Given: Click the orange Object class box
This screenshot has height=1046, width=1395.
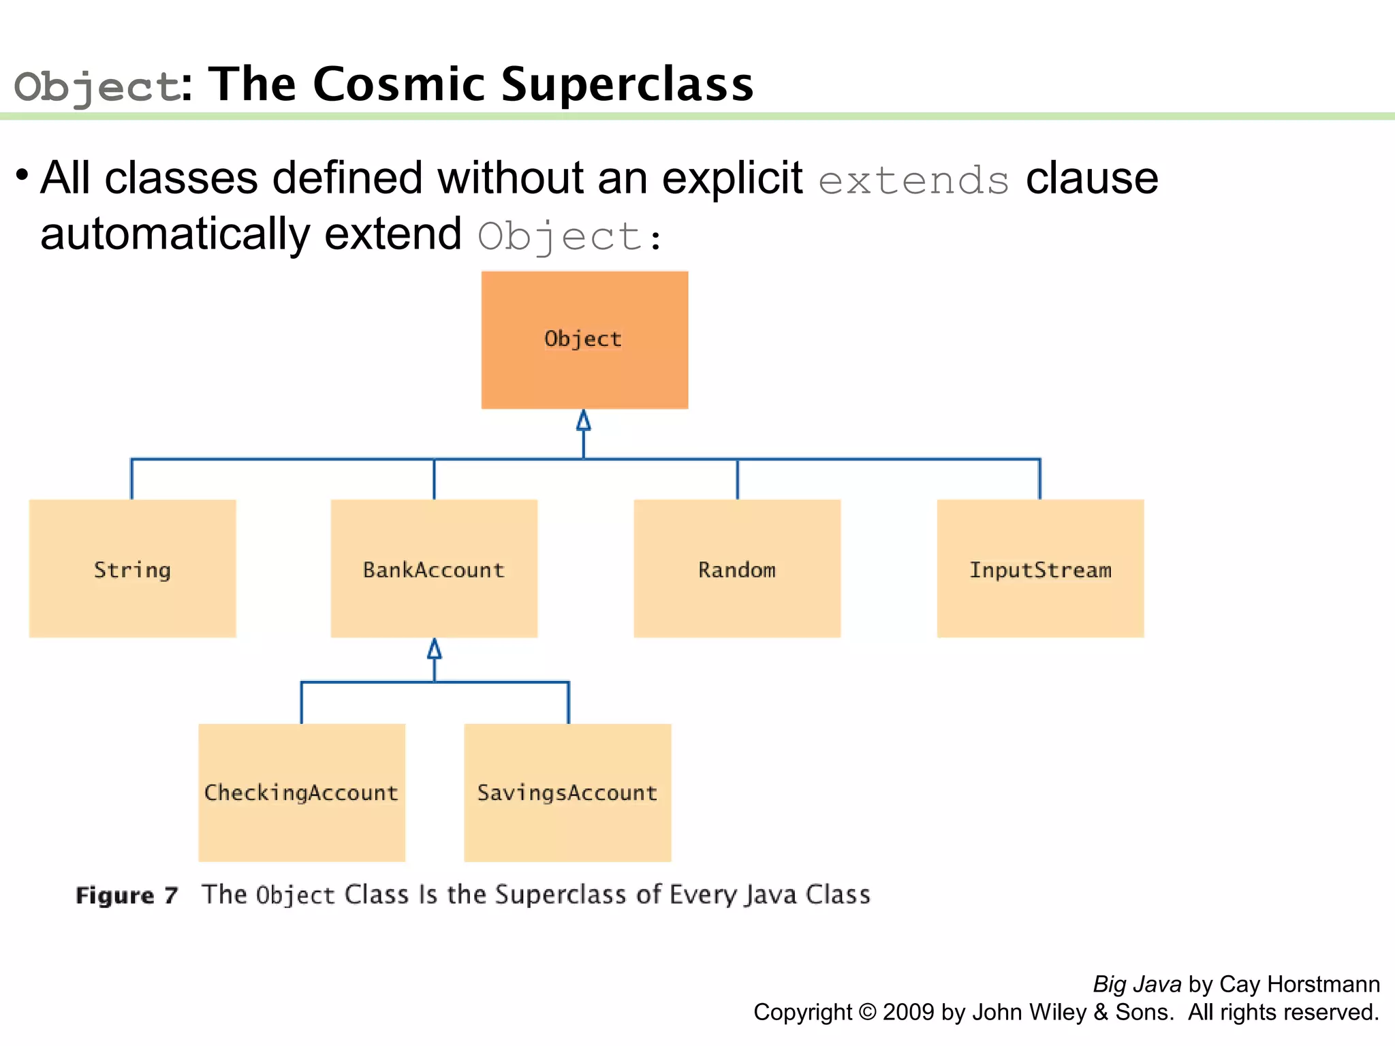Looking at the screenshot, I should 584,340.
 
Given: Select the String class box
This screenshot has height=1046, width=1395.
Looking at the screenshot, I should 132,569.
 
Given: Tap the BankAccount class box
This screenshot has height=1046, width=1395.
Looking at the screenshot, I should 434,569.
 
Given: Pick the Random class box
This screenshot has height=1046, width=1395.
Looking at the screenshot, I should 737,569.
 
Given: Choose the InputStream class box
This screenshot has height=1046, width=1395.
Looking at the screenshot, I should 1040,569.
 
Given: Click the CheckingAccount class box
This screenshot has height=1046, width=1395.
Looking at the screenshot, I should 302,793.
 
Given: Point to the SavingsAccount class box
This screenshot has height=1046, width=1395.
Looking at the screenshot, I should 567,793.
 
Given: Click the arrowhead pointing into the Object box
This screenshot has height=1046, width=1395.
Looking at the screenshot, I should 584,421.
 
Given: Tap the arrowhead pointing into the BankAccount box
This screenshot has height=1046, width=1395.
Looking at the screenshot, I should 435,649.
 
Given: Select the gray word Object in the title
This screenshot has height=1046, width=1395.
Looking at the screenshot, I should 97,87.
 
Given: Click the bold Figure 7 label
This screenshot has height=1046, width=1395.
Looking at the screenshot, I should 127,895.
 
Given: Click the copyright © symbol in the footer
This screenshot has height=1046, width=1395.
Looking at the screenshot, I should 867,1012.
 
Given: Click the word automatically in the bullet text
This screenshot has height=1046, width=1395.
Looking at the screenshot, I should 176,234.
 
